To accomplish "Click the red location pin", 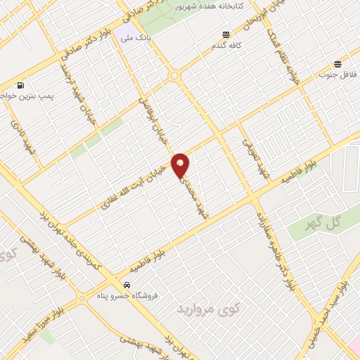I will [x=181, y=165].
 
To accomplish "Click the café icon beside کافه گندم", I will [x=226, y=34].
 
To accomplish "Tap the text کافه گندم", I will [x=226, y=46].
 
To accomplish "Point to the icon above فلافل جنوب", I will [x=339, y=63].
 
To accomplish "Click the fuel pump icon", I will [x=20, y=84].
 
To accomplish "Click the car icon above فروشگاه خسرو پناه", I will [x=126, y=285].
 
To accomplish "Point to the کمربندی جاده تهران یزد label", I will [x=74, y=236].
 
